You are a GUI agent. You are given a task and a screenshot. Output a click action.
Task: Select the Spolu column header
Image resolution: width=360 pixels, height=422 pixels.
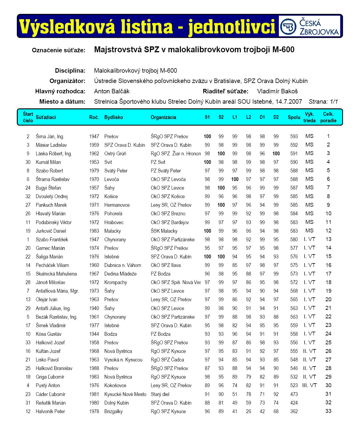[294, 117]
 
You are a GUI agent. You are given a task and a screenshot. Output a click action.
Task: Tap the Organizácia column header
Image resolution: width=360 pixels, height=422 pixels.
[163, 117]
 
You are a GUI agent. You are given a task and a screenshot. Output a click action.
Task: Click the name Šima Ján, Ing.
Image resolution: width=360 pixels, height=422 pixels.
[50, 136]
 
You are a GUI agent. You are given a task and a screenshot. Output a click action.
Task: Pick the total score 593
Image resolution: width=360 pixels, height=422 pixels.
[294, 136]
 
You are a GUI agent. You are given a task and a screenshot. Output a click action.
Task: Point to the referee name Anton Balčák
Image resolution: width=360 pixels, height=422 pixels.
[112, 91]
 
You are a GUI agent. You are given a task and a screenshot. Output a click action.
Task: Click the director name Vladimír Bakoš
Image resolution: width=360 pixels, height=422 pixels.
[277, 91]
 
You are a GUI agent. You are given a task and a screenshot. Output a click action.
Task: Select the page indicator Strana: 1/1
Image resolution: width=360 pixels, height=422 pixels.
[323, 102]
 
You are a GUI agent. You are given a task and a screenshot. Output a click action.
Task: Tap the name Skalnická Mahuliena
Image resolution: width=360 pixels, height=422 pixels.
[56, 274]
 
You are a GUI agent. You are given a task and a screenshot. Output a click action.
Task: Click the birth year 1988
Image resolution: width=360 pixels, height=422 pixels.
[94, 368]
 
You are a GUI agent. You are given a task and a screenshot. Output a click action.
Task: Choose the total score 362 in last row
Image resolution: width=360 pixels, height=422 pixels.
[294, 411]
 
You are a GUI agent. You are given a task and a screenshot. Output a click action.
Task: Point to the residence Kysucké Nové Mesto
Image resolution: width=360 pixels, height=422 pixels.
[125, 394]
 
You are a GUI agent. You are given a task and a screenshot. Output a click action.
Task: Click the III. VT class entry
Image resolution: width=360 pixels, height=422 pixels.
[309, 385]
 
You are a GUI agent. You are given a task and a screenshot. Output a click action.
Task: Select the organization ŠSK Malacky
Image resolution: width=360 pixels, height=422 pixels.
[164, 231]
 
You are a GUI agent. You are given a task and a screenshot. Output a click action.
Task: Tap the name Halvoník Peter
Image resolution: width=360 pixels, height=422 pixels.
[50, 411]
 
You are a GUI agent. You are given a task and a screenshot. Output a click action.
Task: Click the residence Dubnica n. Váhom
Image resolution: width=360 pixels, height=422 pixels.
[122, 265]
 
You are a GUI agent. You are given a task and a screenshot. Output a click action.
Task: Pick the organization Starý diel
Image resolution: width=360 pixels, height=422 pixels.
[160, 394]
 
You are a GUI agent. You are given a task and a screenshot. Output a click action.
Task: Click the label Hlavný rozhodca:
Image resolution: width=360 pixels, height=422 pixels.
[60, 91]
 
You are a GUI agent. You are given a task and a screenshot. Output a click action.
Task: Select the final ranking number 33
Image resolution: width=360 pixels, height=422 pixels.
[328, 411]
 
